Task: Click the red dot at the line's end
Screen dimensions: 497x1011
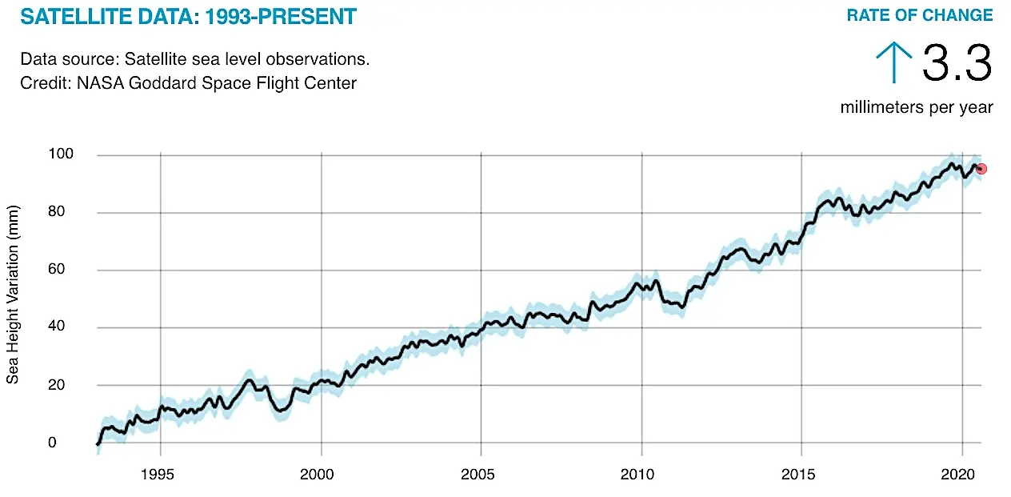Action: (x=981, y=169)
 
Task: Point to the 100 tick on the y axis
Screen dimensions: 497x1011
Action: (x=63, y=154)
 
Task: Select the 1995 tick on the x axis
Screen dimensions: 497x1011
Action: (x=161, y=475)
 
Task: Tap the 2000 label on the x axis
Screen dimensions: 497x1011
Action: (x=321, y=475)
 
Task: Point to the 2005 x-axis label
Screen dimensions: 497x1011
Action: (x=481, y=475)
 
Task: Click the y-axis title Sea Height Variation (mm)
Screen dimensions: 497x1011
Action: (x=13, y=293)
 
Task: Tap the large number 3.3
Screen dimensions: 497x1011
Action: (x=957, y=64)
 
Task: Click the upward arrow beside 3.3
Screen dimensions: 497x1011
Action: (x=893, y=62)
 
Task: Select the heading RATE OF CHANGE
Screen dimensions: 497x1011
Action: (x=920, y=15)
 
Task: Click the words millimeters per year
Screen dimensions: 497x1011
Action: (x=917, y=107)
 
